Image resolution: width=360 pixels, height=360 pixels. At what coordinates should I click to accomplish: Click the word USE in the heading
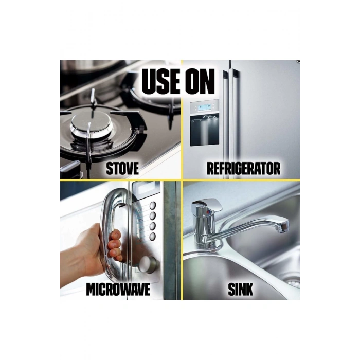(x=160, y=81)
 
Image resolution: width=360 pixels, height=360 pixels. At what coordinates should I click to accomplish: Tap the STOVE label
(x=122, y=168)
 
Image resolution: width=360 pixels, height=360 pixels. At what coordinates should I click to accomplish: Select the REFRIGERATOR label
(x=243, y=168)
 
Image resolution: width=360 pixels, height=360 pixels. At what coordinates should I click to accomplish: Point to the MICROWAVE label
(x=118, y=289)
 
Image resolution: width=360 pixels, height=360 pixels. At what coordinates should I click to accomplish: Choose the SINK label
(x=240, y=289)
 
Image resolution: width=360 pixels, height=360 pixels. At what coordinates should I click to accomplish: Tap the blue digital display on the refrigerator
(x=205, y=107)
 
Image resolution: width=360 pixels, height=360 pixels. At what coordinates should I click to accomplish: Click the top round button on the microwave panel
(x=153, y=206)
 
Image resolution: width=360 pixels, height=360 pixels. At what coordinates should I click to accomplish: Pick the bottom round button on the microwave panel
(x=152, y=237)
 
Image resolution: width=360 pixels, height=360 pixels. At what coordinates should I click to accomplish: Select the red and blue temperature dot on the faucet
(x=208, y=213)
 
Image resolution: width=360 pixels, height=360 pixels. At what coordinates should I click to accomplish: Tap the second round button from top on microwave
(x=153, y=216)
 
